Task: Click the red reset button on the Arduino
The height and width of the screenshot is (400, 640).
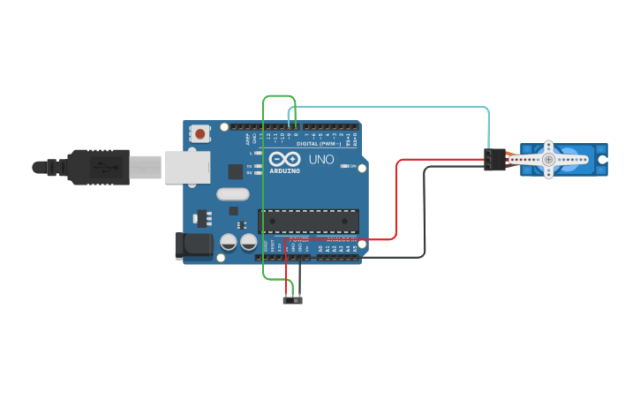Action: [200, 134]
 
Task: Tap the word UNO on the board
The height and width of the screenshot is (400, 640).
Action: [320, 160]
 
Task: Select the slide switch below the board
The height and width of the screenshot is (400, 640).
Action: [293, 301]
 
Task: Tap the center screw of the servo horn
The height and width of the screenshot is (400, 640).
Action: [548, 159]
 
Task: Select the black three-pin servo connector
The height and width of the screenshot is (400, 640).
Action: [494, 159]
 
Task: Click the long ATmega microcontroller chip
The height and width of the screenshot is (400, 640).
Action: [308, 223]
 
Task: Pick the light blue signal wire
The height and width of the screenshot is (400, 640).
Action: [397, 107]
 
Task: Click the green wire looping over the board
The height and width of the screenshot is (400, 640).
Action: [264, 194]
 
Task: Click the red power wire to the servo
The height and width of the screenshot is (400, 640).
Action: [396, 203]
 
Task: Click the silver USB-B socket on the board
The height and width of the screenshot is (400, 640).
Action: [187, 166]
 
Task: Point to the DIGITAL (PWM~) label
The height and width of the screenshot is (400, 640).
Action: [318, 144]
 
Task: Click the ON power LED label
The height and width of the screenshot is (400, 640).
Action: [353, 166]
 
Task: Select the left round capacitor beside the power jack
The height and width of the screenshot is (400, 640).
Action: [229, 241]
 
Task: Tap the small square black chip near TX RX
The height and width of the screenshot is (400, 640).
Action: [235, 171]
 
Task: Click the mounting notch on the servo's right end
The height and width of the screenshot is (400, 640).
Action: [603, 160]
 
